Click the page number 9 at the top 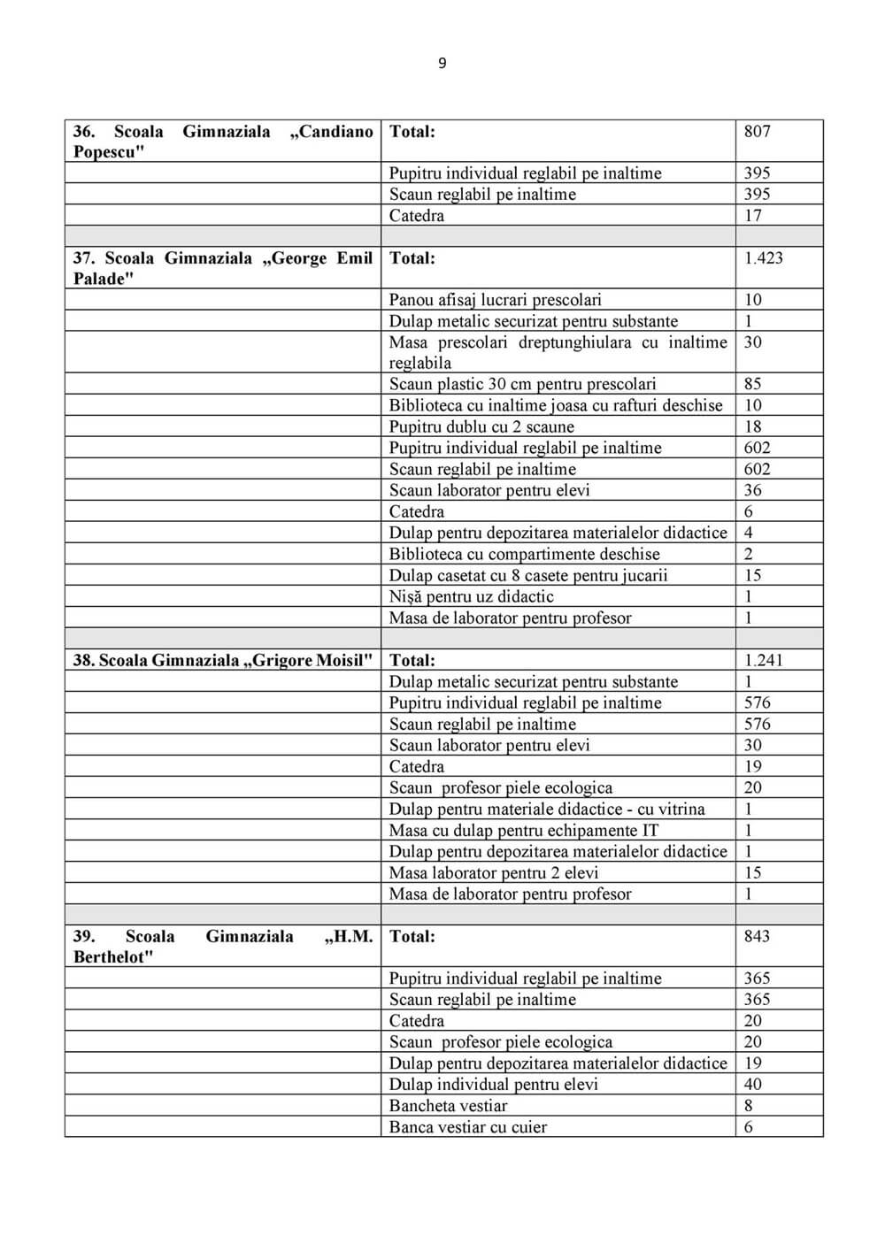click(442, 63)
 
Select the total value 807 click(757, 132)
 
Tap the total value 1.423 click(763, 258)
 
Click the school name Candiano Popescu click(223, 142)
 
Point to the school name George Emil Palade click(223, 268)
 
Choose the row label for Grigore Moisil click(223, 660)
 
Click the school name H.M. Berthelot click(223, 946)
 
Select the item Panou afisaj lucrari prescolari click(495, 300)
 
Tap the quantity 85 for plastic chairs click(752, 384)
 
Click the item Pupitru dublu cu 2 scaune click(481, 426)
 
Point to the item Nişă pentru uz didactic click(471, 596)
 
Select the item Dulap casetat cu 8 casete click(528, 575)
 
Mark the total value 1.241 click(763, 660)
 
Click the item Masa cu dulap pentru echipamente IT click(523, 830)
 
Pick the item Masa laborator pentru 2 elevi click(494, 872)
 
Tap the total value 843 click(757, 936)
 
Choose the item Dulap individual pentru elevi click(493, 1084)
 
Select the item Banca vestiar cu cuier click(467, 1126)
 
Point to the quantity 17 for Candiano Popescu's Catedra click(752, 215)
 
